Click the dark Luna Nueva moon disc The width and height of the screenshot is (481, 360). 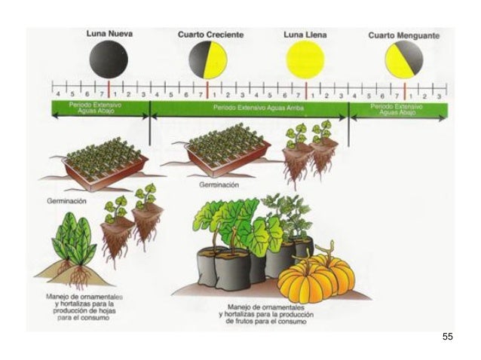click(x=109, y=59)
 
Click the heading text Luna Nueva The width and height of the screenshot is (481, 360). click(x=109, y=35)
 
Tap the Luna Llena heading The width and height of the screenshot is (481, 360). click(x=305, y=35)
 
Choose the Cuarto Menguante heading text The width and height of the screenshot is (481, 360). click(x=404, y=35)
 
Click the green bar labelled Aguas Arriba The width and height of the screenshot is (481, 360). click(x=249, y=108)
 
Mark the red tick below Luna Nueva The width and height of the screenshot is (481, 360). click(x=109, y=90)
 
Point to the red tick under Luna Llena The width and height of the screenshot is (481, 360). click(x=306, y=90)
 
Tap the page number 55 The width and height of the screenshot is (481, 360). click(x=448, y=336)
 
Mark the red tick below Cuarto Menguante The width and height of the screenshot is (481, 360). click(x=406, y=90)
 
